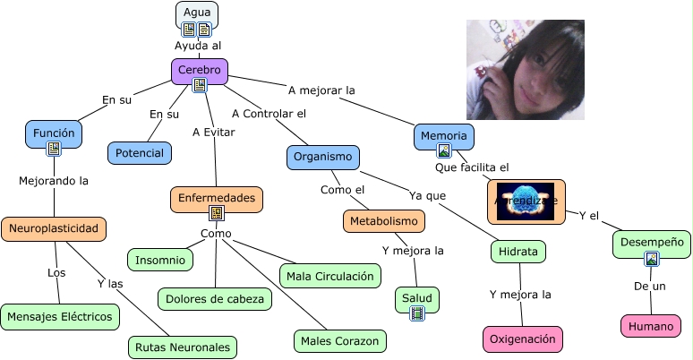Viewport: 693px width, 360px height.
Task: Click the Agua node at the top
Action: [196, 13]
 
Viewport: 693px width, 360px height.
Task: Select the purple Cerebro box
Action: [199, 70]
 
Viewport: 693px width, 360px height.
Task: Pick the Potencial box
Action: [140, 153]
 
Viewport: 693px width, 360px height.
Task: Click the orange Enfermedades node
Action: [216, 198]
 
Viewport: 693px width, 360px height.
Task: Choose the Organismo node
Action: [323, 157]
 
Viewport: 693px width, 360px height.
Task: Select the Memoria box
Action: [443, 136]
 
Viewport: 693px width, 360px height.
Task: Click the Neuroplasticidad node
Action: [54, 228]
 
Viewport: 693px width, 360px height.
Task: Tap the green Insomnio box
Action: [160, 260]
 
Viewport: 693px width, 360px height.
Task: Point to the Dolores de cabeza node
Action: [215, 298]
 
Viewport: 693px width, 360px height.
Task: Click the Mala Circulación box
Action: [329, 276]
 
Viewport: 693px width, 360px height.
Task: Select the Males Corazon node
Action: [340, 340]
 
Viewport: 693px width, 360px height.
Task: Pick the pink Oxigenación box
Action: [524, 339]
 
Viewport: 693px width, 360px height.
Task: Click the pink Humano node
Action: [649, 326]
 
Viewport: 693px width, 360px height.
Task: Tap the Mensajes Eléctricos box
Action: [60, 316]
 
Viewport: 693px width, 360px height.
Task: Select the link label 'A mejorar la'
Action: [321, 90]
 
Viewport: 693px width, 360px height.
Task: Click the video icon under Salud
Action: [416, 313]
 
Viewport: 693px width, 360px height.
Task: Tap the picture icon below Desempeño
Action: [652, 259]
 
